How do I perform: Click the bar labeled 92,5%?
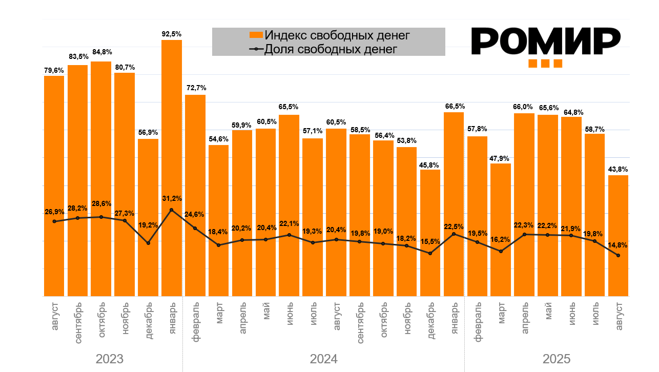pyautogui.click(x=172, y=128)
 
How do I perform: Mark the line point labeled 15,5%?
pyautogui.click(x=430, y=253)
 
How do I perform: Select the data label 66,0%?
pyautogui.click(x=524, y=107)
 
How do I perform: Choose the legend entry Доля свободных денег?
pyautogui.click(x=330, y=49)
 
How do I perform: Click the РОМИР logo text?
pyautogui.click(x=545, y=41)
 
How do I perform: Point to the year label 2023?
pyautogui.click(x=109, y=359)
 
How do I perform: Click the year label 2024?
pyautogui.click(x=323, y=359)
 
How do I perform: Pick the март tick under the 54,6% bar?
pyautogui.click(x=219, y=313)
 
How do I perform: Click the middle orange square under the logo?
pyautogui.click(x=545, y=64)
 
